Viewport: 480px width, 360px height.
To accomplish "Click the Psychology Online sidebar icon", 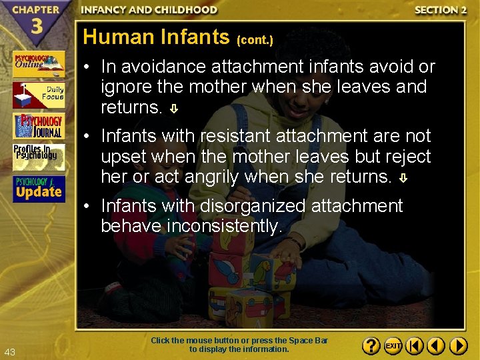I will [38, 64].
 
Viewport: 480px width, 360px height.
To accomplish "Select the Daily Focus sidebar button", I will [38, 95].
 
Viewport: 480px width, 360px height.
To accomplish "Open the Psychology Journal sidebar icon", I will [38, 126].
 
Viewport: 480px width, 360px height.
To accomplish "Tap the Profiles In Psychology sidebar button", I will [38, 157].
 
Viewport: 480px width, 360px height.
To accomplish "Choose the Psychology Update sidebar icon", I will [38, 189].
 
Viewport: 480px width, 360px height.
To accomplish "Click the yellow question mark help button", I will [371, 346].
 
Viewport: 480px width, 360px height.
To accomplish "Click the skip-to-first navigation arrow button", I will [415, 346].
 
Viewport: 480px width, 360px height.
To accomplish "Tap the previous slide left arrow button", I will [436, 346].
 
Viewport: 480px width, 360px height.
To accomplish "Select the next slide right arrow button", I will [458, 346].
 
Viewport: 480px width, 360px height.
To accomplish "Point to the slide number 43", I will [9, 352].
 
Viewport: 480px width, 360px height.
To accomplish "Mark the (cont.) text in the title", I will [255, 40].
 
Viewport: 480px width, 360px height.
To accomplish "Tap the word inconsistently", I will [225, 226].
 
